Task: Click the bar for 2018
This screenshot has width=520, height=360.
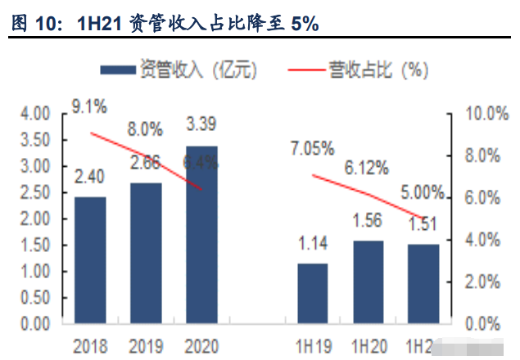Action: pos(90,260)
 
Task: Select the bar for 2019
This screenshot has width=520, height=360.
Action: pos(147,253)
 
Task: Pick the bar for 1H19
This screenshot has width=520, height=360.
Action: pos(312,293)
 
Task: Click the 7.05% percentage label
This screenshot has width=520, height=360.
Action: pos(311,149)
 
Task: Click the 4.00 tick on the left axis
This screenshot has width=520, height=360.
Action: pos(34,113)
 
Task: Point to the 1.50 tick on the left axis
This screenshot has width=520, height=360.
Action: pos(34,245)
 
